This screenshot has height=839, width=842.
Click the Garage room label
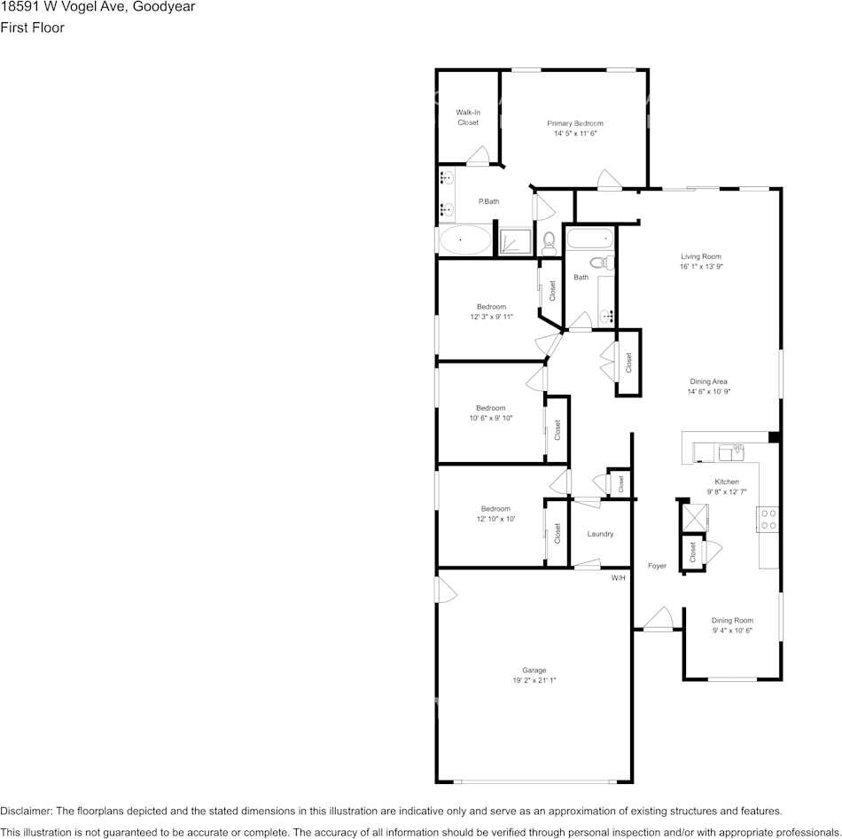coord(534,670)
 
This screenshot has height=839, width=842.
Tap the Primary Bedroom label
coord(575,123)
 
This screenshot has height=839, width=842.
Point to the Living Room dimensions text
coord(701,266)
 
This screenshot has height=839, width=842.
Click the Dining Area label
coord(708,381)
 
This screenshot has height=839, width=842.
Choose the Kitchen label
coord(727,482)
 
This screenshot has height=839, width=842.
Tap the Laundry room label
coord(600,534)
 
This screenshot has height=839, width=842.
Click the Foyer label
coord(657,566)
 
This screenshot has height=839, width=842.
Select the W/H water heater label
coord(618,578)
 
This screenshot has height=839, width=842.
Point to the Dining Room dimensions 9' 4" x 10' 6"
coord(732,631)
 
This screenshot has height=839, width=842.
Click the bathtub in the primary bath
coord(464,239)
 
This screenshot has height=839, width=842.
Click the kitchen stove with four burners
coord(768,519)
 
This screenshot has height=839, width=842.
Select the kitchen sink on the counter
coord(731,452)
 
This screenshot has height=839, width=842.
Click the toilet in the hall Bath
coord(603,262)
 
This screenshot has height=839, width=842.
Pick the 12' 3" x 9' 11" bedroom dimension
coord(491,317)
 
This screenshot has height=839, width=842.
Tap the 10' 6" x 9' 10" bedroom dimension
coord(490,418)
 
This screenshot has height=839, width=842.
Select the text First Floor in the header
coord(32,27)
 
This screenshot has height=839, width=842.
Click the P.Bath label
coord(488,201)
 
